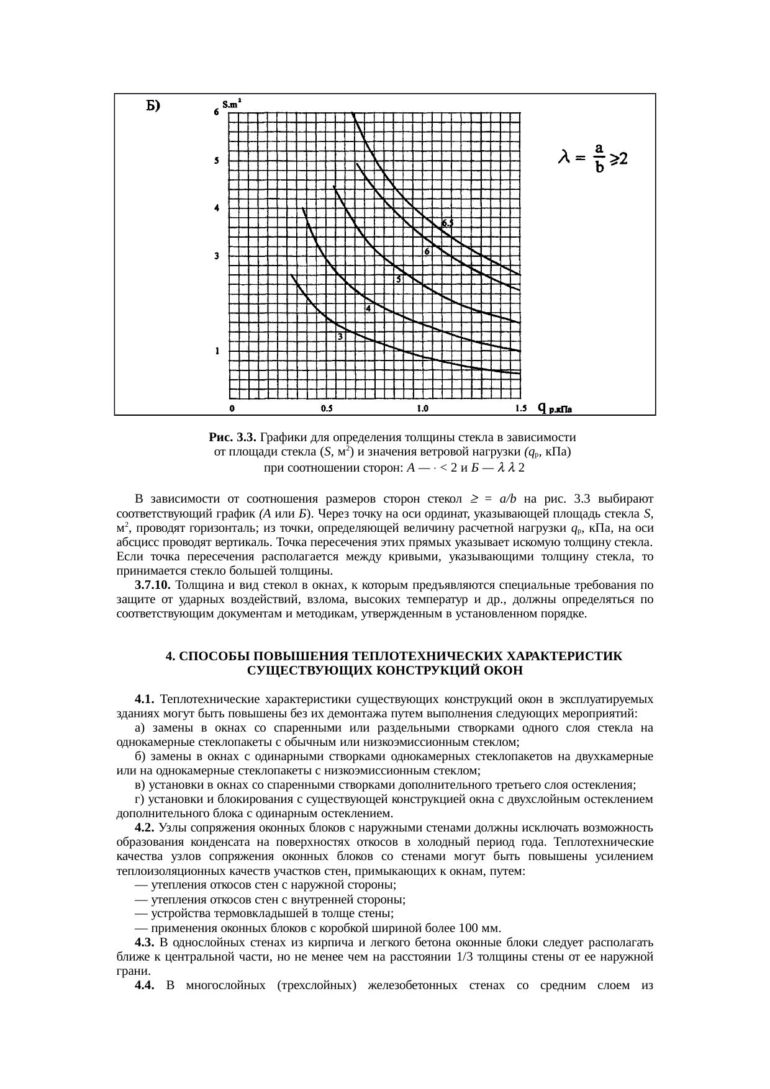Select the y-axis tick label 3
217,256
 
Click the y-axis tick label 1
217,351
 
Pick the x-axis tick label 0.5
327,408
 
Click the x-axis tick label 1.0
422,408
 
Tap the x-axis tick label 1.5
521,408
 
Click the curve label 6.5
448,222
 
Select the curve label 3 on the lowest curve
340,336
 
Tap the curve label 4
368,308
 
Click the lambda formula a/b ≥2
593,159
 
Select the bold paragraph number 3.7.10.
153,585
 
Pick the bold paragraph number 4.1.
144,699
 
